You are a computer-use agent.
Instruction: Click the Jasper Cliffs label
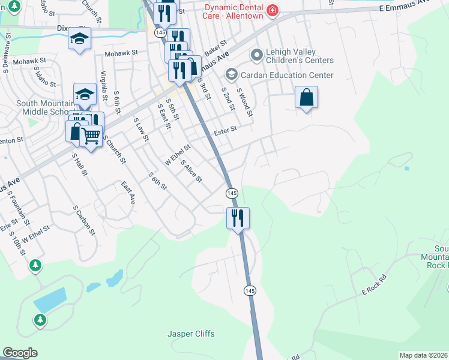(x=190, y=334)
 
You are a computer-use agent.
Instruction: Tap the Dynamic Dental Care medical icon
(x=273, y=11)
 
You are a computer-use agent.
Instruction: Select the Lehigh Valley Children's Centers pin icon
(x=257, y=56)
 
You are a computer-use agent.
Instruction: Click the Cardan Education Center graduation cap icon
(x=231, y=75)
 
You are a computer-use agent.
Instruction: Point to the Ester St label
(x=226, y=128)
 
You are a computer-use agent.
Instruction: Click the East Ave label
(x=127, y=193)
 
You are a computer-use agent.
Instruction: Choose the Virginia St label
(x=104, y=86)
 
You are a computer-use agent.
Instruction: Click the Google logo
(x=19, y=353)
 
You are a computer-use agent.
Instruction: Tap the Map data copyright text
(x=424, y=355)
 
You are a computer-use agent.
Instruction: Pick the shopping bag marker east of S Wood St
(x=306, y=97)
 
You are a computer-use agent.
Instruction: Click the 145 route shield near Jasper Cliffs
(x=250, y=290)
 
